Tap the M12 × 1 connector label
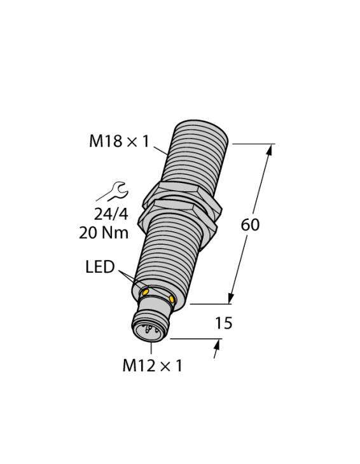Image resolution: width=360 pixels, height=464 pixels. point(152,365)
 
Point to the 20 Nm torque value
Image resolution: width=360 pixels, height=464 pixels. point(104,233)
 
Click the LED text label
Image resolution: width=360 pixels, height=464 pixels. point(100,268)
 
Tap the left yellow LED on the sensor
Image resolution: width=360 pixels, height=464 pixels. point(146,291)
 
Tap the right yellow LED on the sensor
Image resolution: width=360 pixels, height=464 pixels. point(172,298)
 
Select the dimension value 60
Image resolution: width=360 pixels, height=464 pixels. point(250,225)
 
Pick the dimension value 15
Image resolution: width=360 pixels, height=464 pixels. point(224,324)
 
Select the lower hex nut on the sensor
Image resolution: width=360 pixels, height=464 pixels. point(184,214)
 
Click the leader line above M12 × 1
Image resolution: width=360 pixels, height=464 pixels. point(152,347)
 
